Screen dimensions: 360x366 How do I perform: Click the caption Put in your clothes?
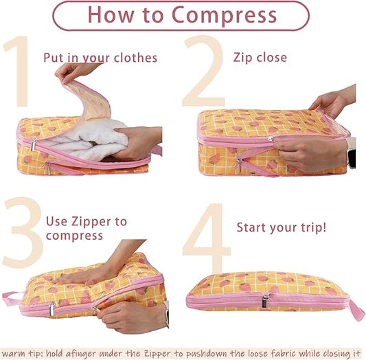pos(100,58)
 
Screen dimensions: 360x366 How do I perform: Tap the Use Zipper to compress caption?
pos(86,228)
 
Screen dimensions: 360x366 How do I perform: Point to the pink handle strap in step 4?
pos(356,310)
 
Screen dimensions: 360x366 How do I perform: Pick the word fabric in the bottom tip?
pos(271,353)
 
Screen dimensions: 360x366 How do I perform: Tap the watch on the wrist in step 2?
pos(351,152)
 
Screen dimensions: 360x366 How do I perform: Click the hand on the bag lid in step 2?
pos(328,103)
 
